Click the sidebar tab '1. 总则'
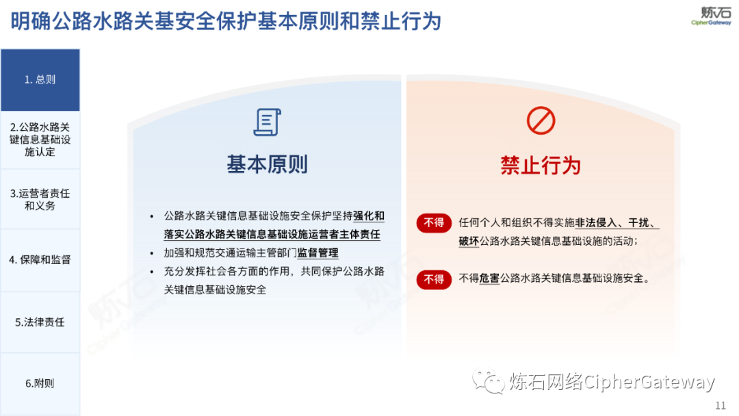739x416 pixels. (40, 79)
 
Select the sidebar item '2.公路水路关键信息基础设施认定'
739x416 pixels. (40, 140)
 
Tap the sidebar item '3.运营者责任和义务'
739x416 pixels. (40, 199)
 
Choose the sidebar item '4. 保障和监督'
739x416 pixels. (40, 260)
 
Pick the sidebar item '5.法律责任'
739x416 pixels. (40, 322)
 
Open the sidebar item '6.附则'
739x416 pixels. (40, 383)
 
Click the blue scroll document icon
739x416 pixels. (268, 122)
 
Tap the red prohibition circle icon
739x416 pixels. (541, 120)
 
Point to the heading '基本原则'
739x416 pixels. (268, 164)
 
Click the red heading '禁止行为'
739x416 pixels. (541, 166)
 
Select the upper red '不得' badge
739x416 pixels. (434, 223)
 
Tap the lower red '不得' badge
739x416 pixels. (434, 279)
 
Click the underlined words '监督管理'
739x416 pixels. (317, 253)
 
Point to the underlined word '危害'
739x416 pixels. (489, 278)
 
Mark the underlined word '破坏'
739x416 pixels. (469, 242)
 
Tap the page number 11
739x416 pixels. (721, 406)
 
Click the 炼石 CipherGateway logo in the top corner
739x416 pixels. (711, 16)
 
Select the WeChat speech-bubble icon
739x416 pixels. (489, 381)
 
